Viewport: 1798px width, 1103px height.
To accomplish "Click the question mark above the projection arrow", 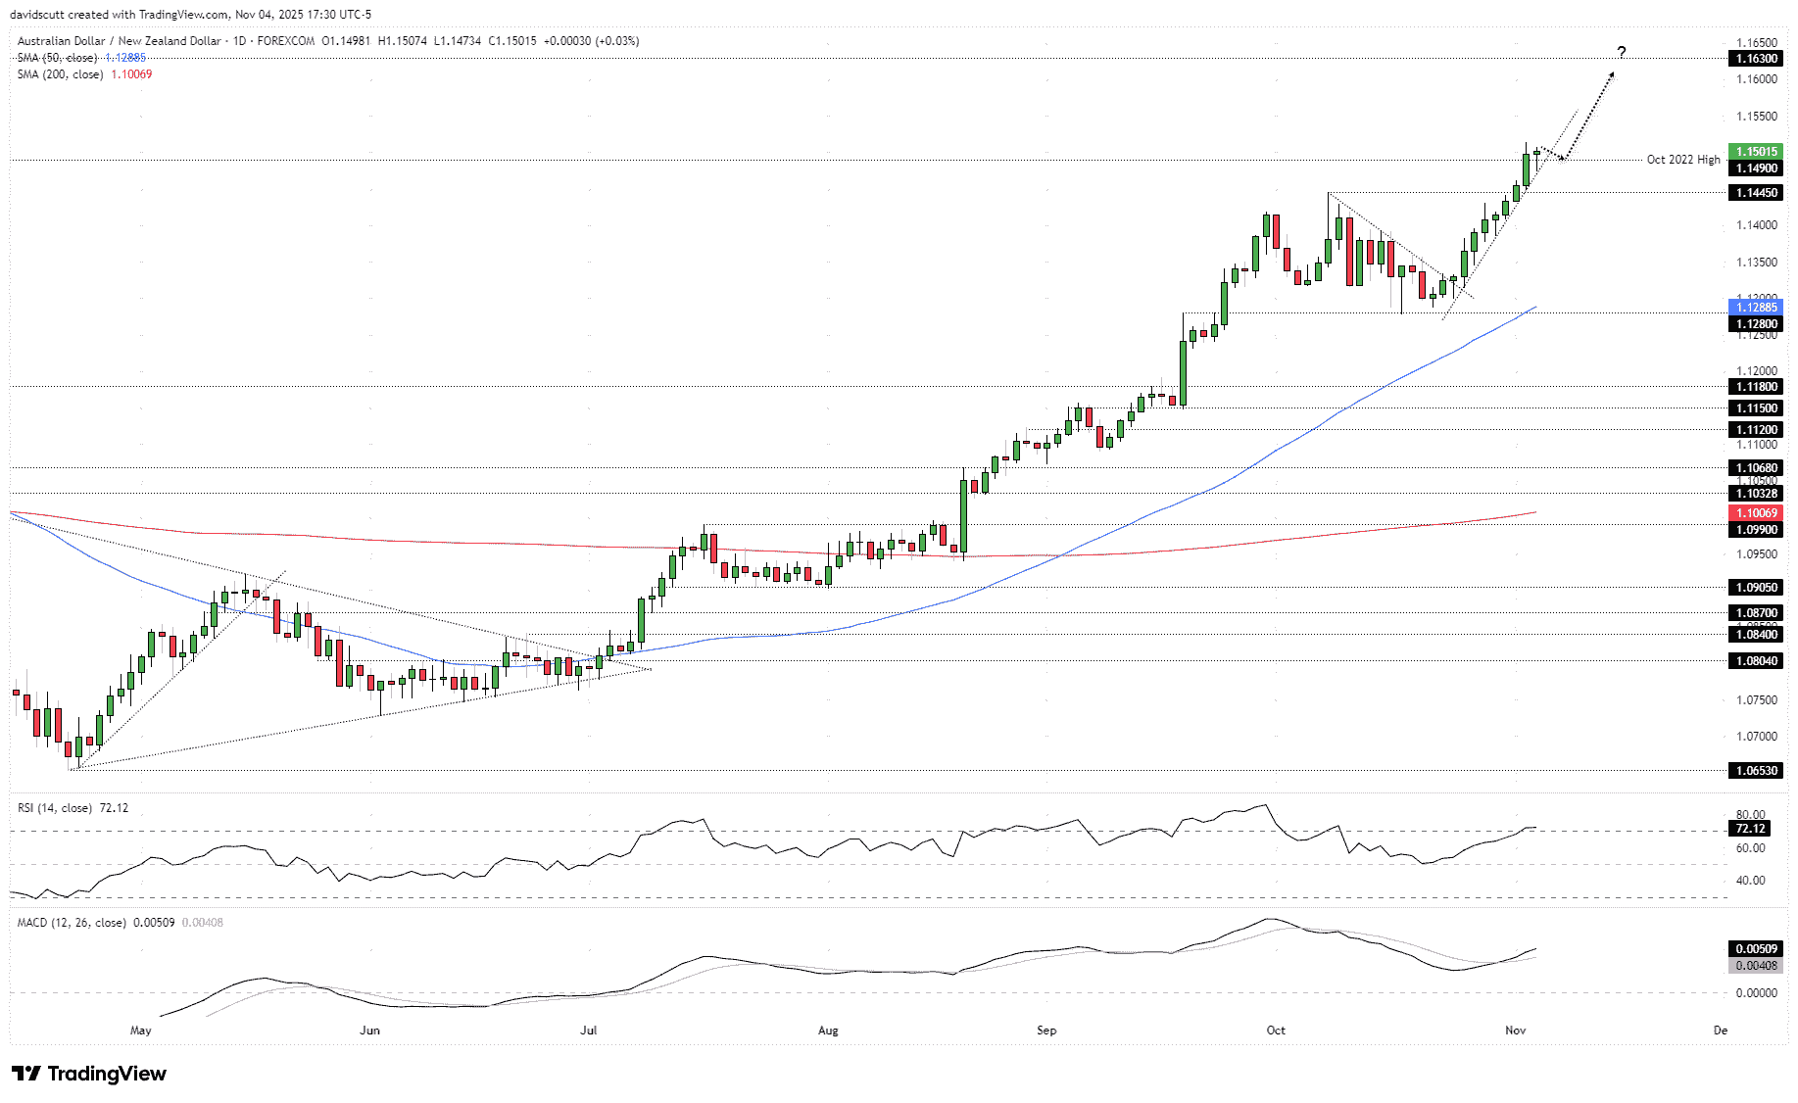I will (x=1622, y=52).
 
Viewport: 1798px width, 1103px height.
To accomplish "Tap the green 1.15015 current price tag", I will (x=1756, y=152).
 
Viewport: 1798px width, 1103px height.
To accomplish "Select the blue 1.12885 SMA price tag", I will (x=1756, y=308).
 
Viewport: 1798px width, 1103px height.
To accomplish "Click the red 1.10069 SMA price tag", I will (x=1756, y=513).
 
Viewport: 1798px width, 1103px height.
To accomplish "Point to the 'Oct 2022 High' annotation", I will (x=1682, y=160).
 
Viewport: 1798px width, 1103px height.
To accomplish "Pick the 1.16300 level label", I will (x=1756, y=59).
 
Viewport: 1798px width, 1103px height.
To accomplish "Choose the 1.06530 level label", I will (x=1756, y=771).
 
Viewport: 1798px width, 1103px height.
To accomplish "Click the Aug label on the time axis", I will (x=828, y=1030).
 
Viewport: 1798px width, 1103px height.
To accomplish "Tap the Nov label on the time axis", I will (x=1515, y=1030).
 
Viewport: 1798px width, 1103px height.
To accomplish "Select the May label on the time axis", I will (x=141, y=1030).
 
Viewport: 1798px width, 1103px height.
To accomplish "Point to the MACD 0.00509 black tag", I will (x=1756, y=949).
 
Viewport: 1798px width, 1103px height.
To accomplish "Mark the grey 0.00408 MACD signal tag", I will (x=1756, y=966).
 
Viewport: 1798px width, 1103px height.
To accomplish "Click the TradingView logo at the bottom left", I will (x=89, y=1074).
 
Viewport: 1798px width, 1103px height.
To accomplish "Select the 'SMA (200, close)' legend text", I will (x=60, y=74).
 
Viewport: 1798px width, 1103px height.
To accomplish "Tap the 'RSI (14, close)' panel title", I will (x=55, y=808).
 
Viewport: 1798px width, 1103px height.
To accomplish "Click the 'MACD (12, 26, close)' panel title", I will (x=72, y=923).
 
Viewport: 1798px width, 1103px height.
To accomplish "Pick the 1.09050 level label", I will (x=1756, y=588).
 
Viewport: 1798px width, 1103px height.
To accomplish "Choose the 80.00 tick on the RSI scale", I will (x=1750, y=815).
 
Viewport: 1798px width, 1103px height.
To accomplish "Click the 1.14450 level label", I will (x=1756, y=193).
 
